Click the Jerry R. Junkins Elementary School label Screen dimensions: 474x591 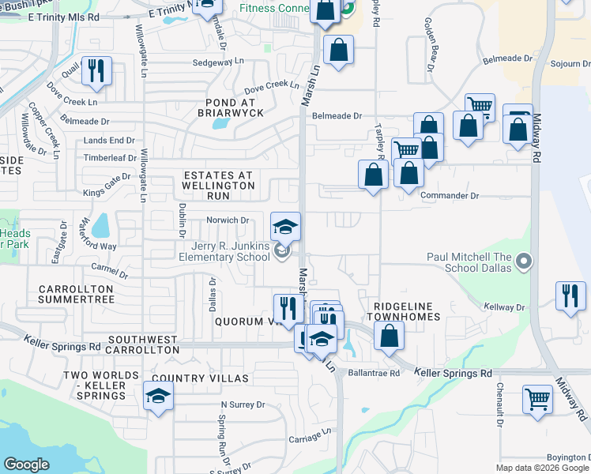224,252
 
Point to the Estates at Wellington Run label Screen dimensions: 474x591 218,185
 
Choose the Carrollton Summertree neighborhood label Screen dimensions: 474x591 76,295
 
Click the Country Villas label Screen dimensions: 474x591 201,378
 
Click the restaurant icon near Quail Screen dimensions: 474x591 96,70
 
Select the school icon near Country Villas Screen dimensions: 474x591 158,395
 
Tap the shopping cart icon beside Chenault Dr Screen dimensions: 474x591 537,399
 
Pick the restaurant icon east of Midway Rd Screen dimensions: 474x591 570,295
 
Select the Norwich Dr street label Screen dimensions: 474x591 228,220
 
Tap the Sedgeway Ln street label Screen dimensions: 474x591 219,62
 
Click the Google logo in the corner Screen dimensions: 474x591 26,465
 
